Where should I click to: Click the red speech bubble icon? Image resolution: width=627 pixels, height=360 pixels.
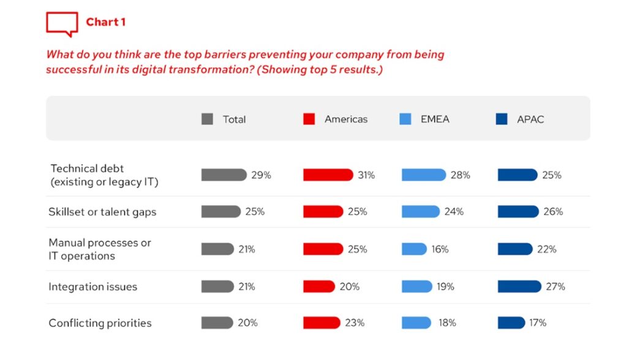pos(62,24)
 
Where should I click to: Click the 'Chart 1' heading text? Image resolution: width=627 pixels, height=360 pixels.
pos(106,22)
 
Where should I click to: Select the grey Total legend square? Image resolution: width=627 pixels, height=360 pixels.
pos(207,119)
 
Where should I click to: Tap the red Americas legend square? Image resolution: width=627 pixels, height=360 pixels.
pos(309,119)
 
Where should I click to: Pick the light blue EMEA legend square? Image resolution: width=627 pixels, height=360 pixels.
pos(405,119)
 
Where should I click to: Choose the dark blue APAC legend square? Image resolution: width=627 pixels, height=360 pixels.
pos(501,119)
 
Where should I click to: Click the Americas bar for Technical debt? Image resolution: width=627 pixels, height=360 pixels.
pos(328,175)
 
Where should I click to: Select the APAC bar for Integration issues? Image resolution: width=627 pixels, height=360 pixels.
pos(519,287)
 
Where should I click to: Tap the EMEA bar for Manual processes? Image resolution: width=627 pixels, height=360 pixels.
pos(414,249)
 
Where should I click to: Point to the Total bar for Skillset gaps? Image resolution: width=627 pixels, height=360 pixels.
pos(220,212)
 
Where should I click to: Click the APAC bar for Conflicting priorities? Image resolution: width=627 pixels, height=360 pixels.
pos(511,323)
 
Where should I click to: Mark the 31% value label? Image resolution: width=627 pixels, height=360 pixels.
pos(366,175)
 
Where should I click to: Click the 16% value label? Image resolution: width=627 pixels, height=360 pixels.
pos(440,249)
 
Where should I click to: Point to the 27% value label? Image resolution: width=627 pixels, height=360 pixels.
pos(556,287)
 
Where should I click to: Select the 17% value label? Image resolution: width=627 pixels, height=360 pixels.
pos(538,323)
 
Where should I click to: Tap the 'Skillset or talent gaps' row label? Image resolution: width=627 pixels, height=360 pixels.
pos(102,212)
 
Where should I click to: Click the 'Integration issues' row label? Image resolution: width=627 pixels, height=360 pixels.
pos(92,287)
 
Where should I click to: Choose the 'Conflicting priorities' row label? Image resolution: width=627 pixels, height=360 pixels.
pos(100,323)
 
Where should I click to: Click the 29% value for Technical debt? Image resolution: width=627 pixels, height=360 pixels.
pos(261,175)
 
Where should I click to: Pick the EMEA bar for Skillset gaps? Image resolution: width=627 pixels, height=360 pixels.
pos(420,212)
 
